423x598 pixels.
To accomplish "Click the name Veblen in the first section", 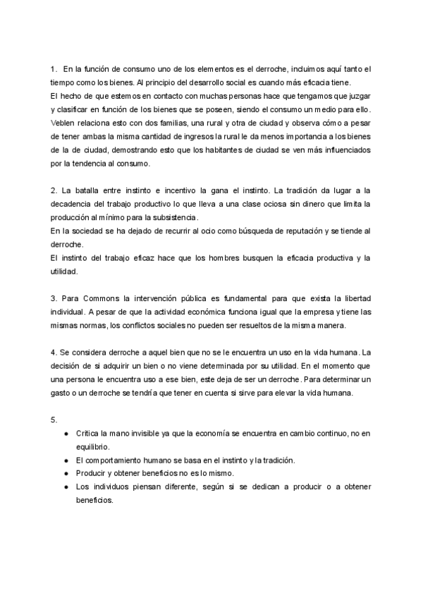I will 63,121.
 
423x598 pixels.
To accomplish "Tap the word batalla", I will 88,190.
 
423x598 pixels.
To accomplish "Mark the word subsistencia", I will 170,216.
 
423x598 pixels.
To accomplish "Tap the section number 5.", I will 54,420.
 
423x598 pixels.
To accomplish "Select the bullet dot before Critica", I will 66,434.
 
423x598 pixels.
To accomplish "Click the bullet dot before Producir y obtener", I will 66,473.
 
